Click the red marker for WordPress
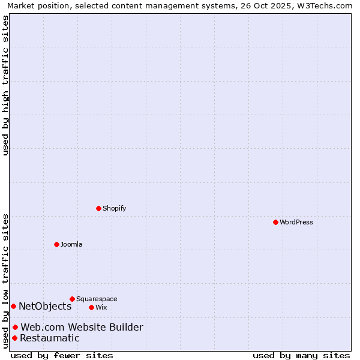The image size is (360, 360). pos(275,222)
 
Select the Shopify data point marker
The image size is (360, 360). pos(98,208)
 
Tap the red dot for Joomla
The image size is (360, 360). pos(56,244)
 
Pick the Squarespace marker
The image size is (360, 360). pos(72,299)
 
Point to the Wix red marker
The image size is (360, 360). pos(91,307)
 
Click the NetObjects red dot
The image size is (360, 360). pos(13,306)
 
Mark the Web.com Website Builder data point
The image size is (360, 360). pos(15,327)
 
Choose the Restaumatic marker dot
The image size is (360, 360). pos(14,338)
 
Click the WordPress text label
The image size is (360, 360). pos(296,222)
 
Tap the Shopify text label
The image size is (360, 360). pos(115,208)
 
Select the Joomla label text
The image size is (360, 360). pos(71,244)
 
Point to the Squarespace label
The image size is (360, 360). pos(97,299)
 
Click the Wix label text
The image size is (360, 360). pos(101,307)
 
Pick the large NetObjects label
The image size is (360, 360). pos(45,306)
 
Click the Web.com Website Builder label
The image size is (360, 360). pos(82,327)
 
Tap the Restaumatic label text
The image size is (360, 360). pos(50,338)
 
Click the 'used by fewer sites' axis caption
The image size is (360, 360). pos(62,355)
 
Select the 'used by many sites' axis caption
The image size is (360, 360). pos(301,355)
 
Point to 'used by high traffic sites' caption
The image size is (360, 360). pos(5,85)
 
